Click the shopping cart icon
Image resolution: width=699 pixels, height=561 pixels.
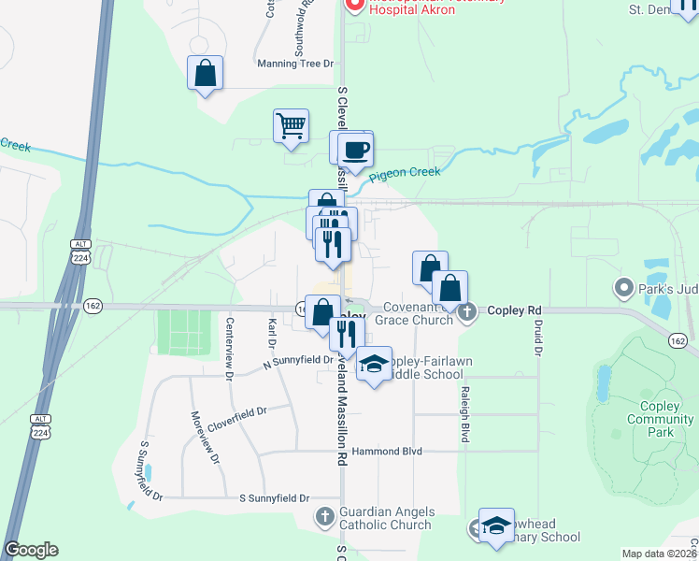(292, 125)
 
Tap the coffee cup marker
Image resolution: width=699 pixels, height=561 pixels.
(355, 149)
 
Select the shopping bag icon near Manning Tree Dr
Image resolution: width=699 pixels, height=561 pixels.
(206, 73)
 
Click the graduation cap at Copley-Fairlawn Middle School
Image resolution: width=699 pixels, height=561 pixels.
(374, 364)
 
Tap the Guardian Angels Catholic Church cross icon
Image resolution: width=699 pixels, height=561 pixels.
(323, 516)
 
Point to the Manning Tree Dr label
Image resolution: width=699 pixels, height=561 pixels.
(295, 64)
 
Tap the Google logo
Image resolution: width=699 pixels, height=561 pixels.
(31, 550)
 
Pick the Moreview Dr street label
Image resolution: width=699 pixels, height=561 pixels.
(205, 438)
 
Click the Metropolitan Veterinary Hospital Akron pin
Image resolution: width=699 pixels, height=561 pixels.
(354, 4)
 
